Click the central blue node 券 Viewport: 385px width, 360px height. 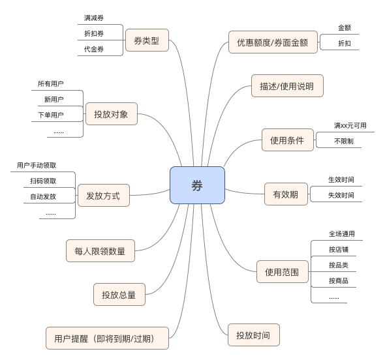point(197,185)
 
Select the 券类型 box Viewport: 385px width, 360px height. point(147,40)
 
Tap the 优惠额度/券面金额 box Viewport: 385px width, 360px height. point(273,42)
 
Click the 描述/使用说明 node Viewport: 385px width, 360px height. point(287,85)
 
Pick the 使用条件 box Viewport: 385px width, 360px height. point(288,140)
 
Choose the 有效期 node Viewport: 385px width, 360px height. point(286,194)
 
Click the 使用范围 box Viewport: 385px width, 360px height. point(283,272)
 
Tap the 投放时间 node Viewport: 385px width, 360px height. point(254,335)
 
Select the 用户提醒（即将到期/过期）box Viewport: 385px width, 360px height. point(107,338)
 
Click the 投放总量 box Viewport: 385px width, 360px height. point(119,295)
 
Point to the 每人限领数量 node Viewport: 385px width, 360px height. point(100,251)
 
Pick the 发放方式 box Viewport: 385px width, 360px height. point(104,196)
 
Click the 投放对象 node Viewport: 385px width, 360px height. point(112,114)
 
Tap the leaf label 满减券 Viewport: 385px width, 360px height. point(94,18)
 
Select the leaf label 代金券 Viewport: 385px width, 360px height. point(94,49)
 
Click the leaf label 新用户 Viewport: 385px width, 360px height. point(54,99)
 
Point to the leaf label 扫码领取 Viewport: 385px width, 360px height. point(43,181)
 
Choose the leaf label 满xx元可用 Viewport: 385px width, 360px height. point(350,126)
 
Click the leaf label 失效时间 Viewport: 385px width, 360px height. point(341,196)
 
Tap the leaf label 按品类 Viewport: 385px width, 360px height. point(339,265)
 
